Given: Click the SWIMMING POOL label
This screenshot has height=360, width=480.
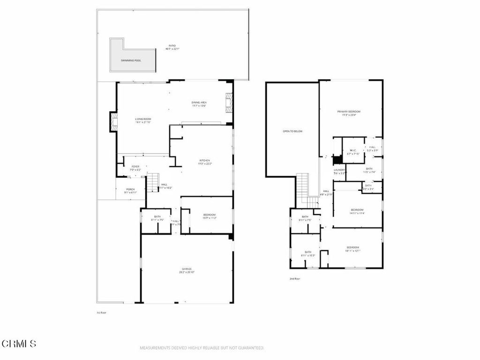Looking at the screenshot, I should (131, 60).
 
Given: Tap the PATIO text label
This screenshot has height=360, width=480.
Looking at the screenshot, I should (173, 45).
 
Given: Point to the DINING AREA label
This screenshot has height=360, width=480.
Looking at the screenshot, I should (199, 102).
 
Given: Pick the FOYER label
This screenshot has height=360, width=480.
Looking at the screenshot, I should (135, 166).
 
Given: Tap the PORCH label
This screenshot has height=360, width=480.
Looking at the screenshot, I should (130, 189).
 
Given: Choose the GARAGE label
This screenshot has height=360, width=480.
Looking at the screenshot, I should (187, 269).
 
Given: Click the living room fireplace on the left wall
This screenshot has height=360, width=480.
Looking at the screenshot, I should (113, 122).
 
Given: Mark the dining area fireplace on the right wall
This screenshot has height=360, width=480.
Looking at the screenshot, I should (229, 102).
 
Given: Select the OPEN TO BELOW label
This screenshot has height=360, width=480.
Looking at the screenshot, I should (292, 131).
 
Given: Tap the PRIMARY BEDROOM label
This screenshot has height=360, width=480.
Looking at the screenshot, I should (352, 112).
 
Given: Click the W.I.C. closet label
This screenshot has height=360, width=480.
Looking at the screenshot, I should (352, 150).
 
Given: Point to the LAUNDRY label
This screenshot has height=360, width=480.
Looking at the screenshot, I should (339, 170).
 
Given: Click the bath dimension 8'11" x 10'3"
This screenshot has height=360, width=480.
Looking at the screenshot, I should (308, 255).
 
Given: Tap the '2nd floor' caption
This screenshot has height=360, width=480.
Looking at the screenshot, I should (295, 279).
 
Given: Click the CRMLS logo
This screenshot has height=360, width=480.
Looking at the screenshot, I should (18, 344).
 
